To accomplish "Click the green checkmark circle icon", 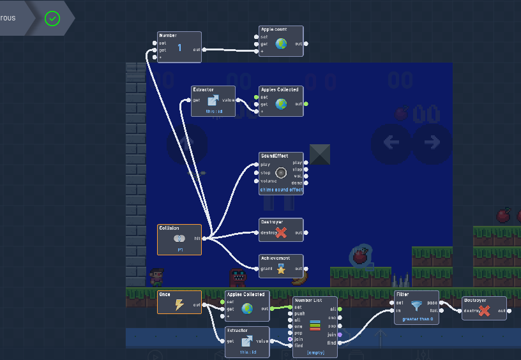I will click(x=52, y=19).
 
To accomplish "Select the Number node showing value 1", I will click(x=179, y=47).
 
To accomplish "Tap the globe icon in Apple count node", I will click(x=281, y=44).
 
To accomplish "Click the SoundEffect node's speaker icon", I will click(x=281, y=172).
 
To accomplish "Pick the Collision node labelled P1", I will click(x=179, y=239).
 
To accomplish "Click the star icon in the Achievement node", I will click(x=281, y=269).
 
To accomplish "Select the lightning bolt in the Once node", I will click(x=179, y=305).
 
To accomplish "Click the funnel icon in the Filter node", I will click(x=416, y=306).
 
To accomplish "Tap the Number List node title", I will click(x=308, y=300).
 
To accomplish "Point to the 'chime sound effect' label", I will click(x=281, y=190).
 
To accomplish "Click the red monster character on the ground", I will click(x=238, y=277).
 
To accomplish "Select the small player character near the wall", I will click(x=156, y=276).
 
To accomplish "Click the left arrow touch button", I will click(x=391, y=142).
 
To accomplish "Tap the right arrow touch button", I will click(x=432, y=142).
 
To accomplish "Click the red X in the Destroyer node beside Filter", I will click(x=484, y=311).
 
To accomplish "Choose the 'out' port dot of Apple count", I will click(x=306, y=44).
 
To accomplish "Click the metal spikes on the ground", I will click(x=400, y=280).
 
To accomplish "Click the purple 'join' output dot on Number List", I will click(x=340, y=334).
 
